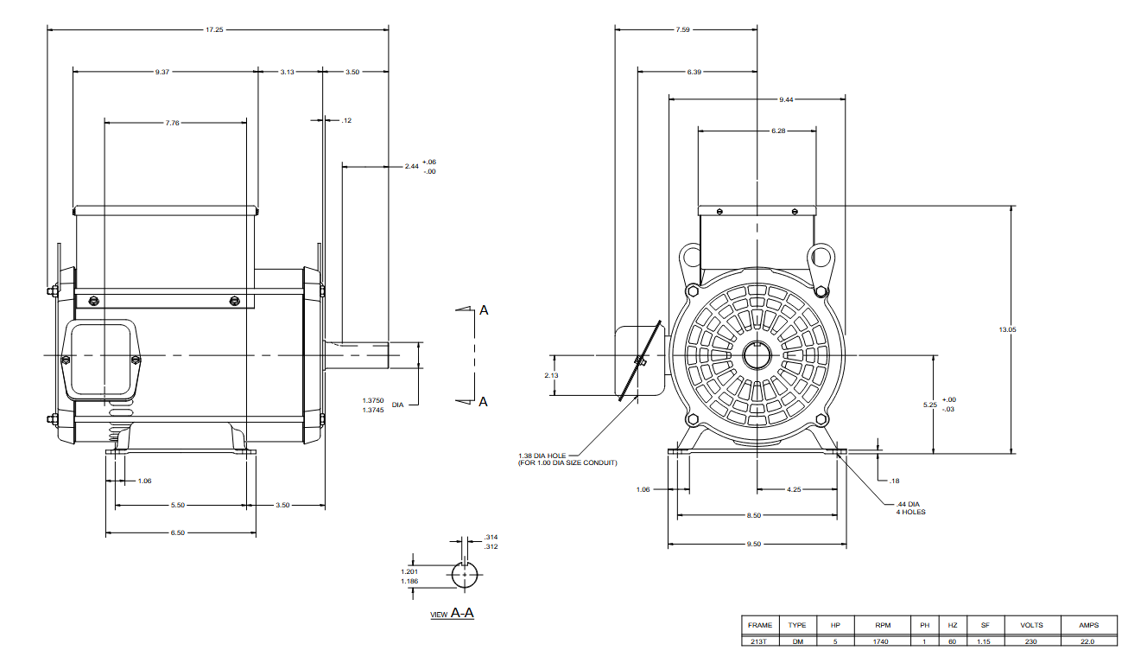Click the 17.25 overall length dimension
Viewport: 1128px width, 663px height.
tap(214, 29)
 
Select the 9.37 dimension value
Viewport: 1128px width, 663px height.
tap(162, 72)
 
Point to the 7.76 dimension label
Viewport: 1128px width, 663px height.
tap(172, 123)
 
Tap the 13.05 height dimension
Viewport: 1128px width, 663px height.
tap(1008, 329)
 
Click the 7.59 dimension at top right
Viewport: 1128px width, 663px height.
tap(683, 29)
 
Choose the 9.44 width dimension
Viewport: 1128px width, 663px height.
tap(786, 99)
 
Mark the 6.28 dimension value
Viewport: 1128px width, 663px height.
tap(778, 131)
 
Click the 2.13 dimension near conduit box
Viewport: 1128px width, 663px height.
tap(551, 375)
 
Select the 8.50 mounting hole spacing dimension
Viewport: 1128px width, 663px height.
tap(754, 515)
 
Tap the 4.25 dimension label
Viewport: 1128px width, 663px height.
tap(794, 489)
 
